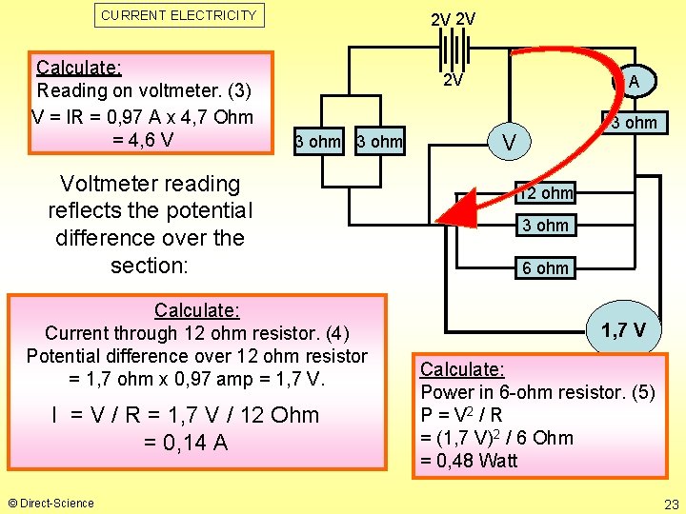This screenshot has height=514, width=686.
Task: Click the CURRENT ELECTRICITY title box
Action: [x=179, y=15]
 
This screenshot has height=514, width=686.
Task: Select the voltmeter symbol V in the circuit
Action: [x=511, y=144]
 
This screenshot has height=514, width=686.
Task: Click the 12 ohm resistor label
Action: [x=545, y=193]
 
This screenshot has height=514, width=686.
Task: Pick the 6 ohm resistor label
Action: [x=545, y=268]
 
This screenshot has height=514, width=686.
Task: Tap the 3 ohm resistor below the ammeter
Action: [x=634, y=123]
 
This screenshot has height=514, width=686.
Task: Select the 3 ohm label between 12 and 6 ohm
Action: [x=545, y=227]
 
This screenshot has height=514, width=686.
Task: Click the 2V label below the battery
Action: [x=453, y=81]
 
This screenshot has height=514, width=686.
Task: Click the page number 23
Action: [x=671, y=504]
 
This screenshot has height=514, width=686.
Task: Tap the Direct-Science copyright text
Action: [x=51, y=503]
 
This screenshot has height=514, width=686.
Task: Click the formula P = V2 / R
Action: [x=461, y=415]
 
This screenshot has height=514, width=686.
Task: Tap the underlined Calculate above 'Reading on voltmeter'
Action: [x=78, y=68]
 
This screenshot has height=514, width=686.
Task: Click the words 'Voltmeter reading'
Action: [x=150, y=184]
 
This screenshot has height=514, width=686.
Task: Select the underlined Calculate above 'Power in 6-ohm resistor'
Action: [x=462, y=369]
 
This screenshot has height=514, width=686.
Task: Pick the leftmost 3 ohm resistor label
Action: [x=317, y=143]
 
